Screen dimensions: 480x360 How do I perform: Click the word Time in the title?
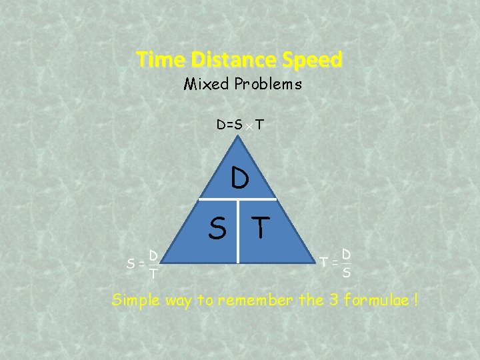coord(161,60)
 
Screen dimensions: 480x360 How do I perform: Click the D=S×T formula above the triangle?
coord(239,125)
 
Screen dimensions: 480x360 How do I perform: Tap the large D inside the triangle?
coord(240,179)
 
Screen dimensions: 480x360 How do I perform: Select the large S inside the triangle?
coord(217,229)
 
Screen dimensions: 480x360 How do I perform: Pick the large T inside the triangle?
coord(261,229)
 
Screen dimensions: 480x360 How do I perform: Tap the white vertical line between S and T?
coord(239,230)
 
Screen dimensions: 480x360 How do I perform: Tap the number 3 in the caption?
coord(335,300)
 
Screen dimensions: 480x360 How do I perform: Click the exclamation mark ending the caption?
coord(416,300)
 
